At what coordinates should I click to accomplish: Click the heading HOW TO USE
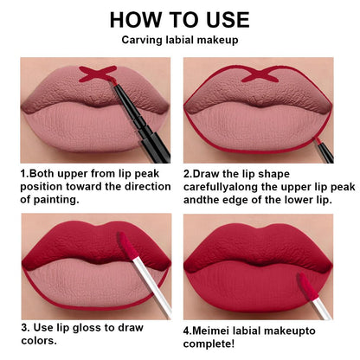[179, 19]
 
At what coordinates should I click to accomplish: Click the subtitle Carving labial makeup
[179, 40]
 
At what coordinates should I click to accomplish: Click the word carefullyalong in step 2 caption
[227, 186]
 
